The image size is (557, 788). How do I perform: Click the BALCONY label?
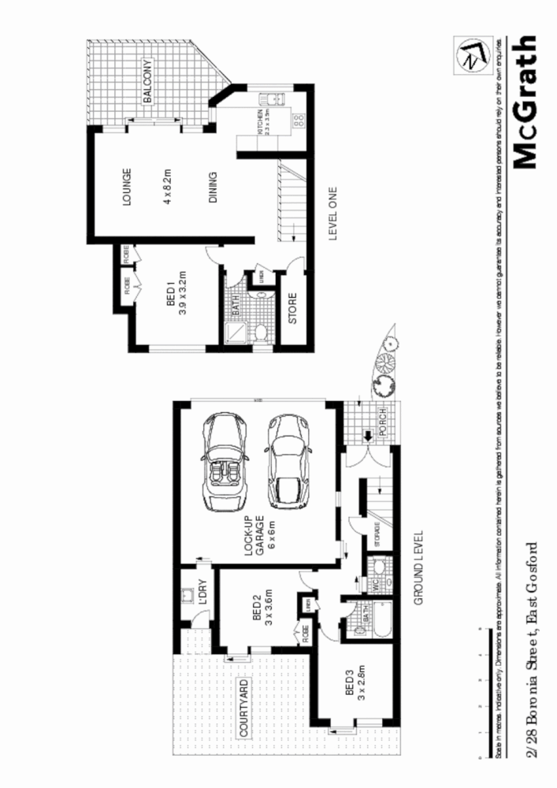pyautogui.click(x=147, y=83)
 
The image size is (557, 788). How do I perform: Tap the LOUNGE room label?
pyautogui.click(x=126, y=187)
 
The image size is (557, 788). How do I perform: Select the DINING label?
pyautogui.click(x=213, y=188)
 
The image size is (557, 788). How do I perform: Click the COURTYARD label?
pyautogui.click(x=243, y=706)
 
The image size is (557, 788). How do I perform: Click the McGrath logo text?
pyautogui.click(x=525, y=102)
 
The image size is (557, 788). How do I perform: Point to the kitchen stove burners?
pyautogui.click(x=299, y=120)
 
